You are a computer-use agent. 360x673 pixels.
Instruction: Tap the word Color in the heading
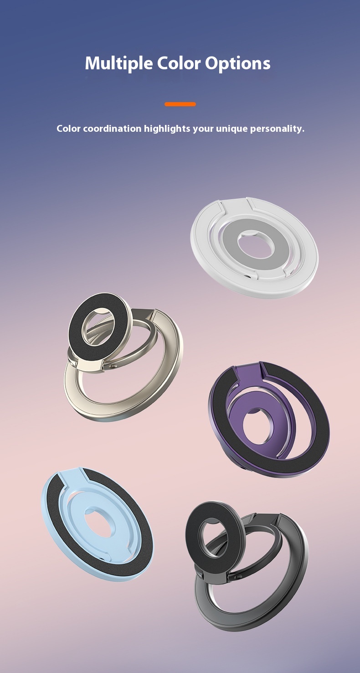point(179,63)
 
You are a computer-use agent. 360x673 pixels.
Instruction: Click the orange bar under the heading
point(180,104)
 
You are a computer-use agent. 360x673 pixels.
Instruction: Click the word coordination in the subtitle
point(112,129)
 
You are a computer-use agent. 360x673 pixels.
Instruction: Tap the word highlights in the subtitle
point(167,129)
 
